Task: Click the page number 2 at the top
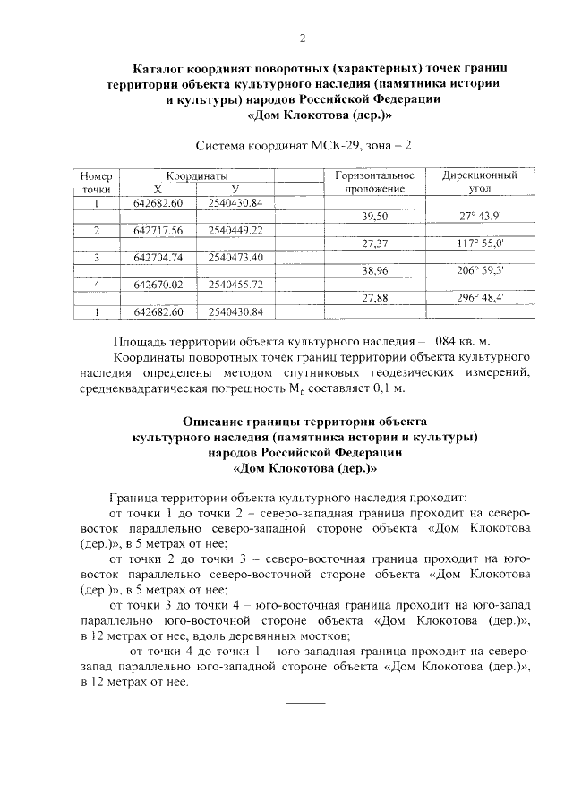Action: point(303,38)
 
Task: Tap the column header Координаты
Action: point(194,176)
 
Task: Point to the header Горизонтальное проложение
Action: point(374,183)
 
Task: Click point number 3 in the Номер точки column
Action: point(95,257)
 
